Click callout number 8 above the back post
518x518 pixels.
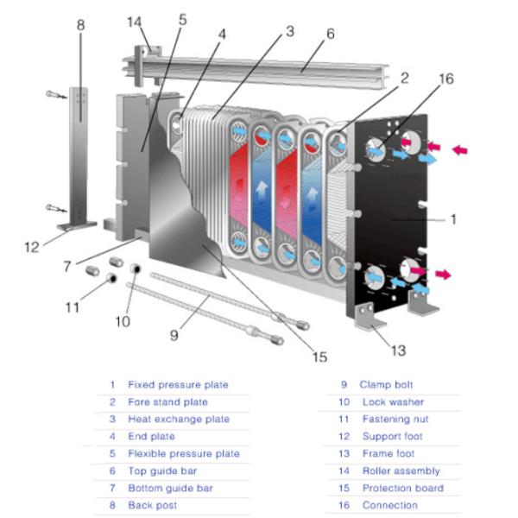[80, 25]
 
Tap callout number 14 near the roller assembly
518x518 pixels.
[136, 21]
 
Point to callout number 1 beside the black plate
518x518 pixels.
[454, 219]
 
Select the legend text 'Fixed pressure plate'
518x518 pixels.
[178, 384]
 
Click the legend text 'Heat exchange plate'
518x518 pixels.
[179, 419]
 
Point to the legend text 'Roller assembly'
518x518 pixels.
[401, 471]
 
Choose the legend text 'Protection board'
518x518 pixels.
[402, 488]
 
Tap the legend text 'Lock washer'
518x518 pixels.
[393, 401]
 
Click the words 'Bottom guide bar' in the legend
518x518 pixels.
[170, 488]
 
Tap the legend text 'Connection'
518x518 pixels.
[390, 505]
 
